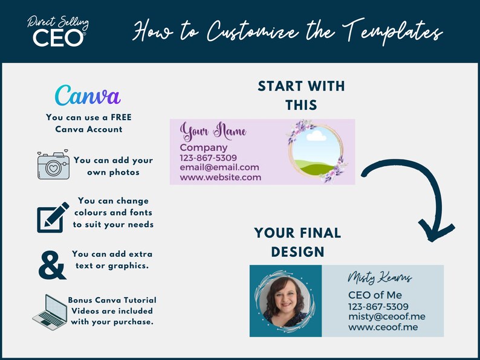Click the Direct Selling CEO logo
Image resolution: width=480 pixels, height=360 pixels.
(58, 32)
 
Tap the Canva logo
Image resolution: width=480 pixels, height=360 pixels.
(88, 95)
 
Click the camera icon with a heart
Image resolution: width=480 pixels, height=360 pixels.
(53, 166)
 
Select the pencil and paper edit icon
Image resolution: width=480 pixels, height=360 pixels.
(52, 216)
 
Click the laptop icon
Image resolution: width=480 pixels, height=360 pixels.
(50, 312)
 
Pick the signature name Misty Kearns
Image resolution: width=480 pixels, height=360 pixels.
(380, 278)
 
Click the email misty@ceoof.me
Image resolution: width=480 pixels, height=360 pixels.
(386, 317)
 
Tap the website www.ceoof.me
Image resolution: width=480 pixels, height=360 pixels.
(383, 327)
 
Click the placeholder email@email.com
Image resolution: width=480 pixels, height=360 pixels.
(219, 167)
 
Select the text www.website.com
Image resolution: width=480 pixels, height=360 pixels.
(220, 178)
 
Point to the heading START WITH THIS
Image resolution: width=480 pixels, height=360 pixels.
(301, 95)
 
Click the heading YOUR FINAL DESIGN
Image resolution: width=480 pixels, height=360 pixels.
(297, 242)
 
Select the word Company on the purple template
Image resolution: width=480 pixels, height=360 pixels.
(204, 147)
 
